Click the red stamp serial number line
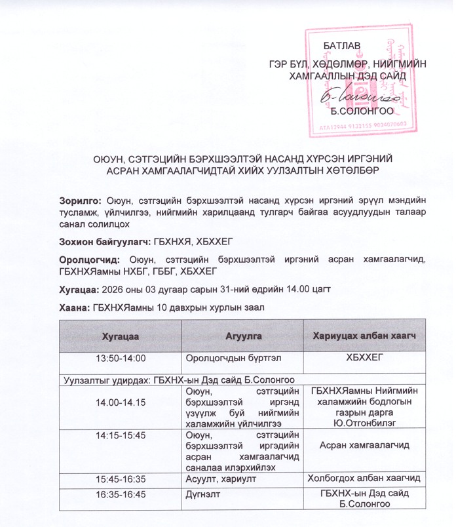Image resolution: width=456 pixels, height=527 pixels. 362,124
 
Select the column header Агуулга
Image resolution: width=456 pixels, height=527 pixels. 243,336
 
